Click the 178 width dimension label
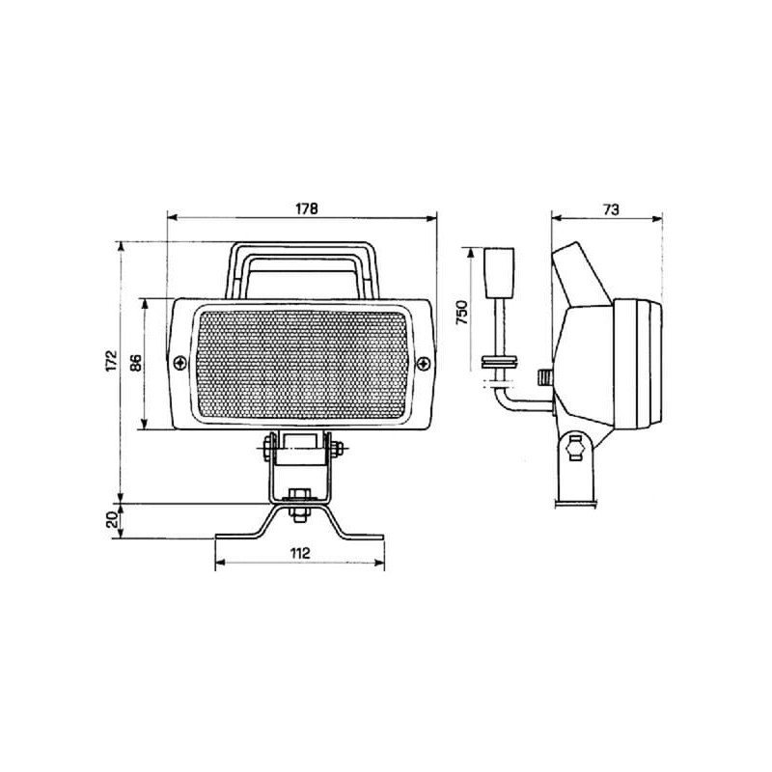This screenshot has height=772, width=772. pos(307,208)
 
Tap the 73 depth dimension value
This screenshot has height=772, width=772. pos(611,209)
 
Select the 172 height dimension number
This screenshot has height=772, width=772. pos(113,360)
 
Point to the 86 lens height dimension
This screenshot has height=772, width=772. pos(136,363)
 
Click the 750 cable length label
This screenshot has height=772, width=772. pos(462,312)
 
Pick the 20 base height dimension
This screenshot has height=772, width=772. pos(113,519)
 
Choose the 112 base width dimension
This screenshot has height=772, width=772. pos(300,553)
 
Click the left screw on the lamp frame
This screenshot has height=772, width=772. pos(180,364)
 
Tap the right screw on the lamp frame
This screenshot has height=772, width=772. pos(424,364)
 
